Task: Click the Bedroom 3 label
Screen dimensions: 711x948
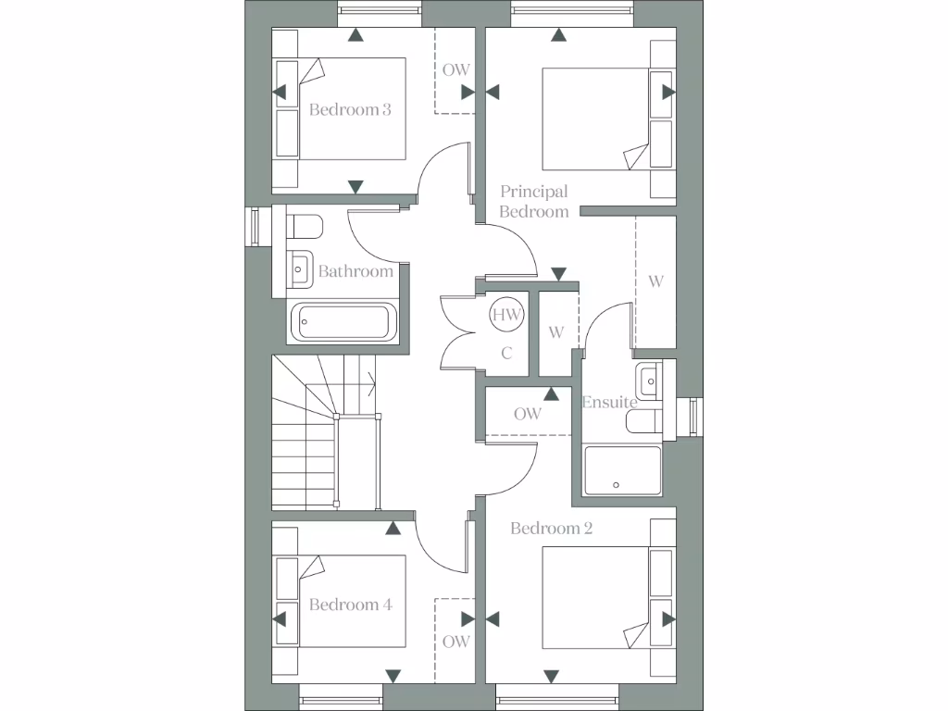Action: coord(350,109)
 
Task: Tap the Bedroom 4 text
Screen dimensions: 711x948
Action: coord(350,605)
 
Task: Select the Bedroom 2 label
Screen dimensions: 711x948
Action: coord(552,529)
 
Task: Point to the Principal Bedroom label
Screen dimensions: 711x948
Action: coord(534,202)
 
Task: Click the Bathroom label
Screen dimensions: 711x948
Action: coord(355,271)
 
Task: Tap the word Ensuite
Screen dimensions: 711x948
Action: coord(609,403)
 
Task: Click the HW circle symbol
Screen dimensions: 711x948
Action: coord(506,315)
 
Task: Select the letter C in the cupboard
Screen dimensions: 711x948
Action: coord(506,353)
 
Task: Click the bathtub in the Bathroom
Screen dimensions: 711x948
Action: coord(343,322)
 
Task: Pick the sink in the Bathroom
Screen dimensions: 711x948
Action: coord(299,269)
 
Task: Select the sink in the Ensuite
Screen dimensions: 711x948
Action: coord(649,378)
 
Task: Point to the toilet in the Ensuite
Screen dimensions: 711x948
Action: coord(644,421)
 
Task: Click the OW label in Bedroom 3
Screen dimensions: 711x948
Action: coord(455,69)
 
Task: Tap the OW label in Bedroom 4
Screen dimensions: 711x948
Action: coord(455,641)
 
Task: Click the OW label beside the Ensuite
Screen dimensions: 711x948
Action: coord(528,414)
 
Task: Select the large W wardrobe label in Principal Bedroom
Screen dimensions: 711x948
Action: coord(655,281)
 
